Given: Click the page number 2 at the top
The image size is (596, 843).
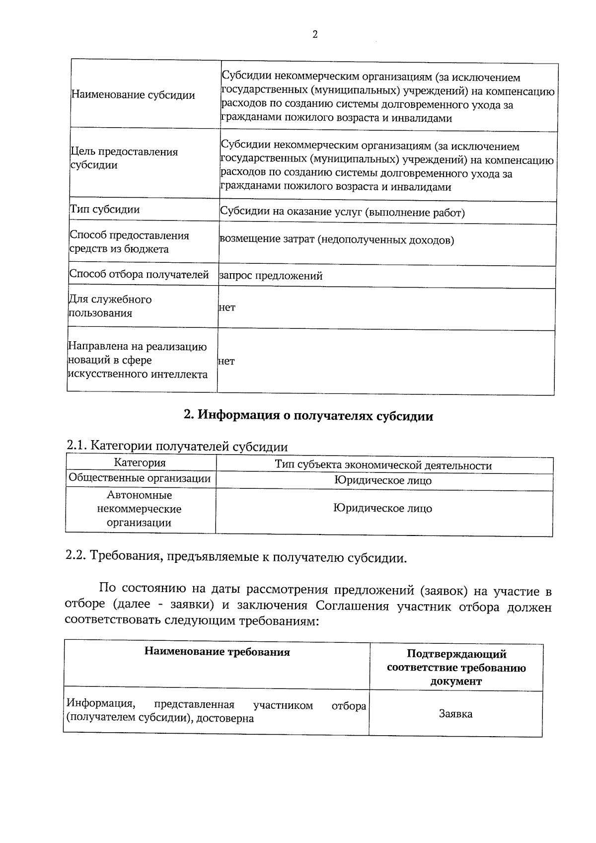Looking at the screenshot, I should click(x=314, y=34).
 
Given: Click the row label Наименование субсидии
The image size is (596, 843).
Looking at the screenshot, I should click(x=133, y=95).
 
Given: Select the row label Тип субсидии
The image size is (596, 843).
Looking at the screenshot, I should click(x=104, y=209).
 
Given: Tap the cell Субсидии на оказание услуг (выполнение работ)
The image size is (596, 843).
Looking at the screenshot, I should click(x=342, y=213).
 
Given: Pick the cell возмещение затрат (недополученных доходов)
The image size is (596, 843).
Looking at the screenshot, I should click(x=336, y=240).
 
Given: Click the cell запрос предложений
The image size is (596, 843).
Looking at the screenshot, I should click(x=271, y=276).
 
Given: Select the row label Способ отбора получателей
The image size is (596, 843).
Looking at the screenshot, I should click(x=139, y=274).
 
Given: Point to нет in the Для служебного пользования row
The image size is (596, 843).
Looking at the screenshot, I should click(x=227, y=307).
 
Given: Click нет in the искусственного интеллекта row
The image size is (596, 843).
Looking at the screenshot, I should click(x=226, y=361).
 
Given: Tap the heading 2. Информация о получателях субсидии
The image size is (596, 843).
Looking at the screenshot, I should click(x=308, y=416).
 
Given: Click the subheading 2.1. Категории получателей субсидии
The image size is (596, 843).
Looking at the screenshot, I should click(x=177, y=446).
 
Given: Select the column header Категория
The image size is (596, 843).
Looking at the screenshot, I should click(x=140, y=463).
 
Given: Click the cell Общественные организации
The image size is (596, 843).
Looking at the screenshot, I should click(x=140, y=478).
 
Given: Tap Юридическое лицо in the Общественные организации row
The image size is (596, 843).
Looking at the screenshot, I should click(x=382, y=480).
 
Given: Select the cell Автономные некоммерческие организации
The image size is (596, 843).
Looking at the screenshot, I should click(x=139, y=509).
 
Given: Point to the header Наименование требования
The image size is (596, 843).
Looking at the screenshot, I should click(x=217, y=652).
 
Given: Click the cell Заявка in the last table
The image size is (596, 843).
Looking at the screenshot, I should click(x=455, y=714).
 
